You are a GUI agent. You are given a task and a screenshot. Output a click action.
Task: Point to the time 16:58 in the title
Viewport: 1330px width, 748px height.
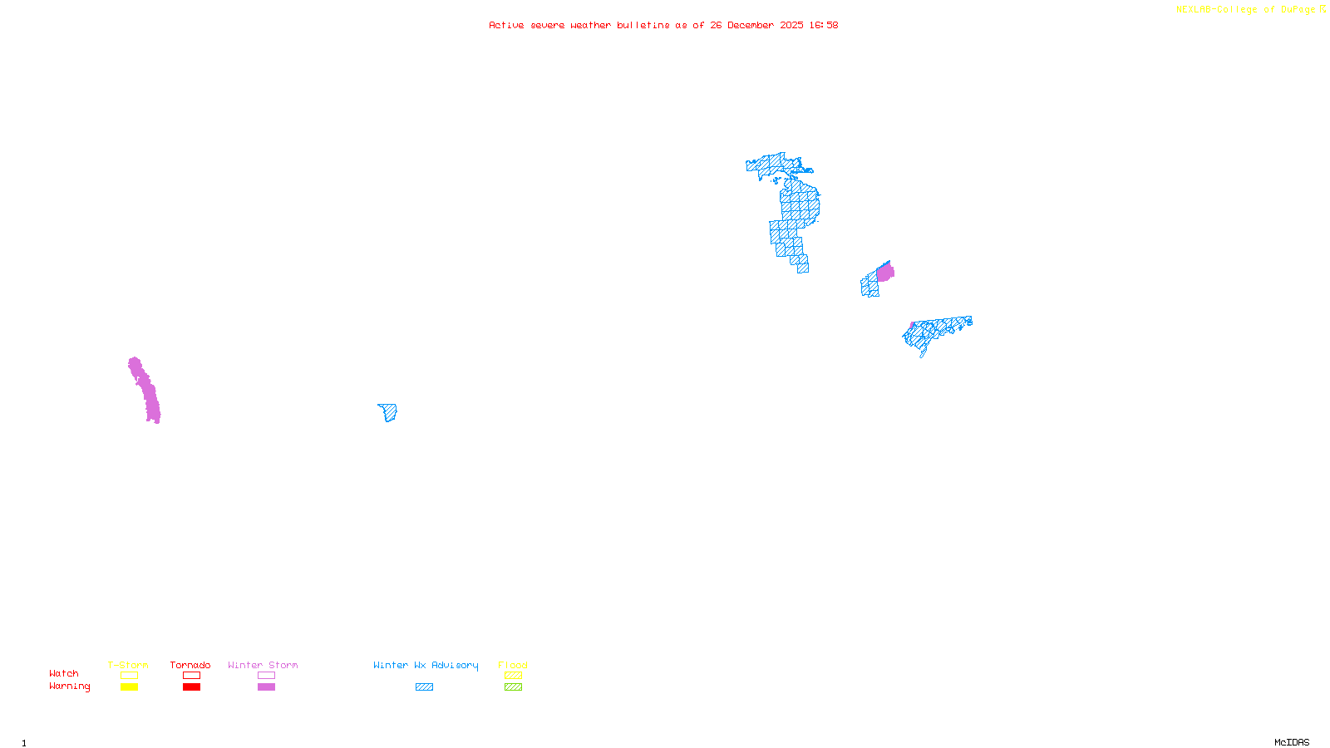(824, 25)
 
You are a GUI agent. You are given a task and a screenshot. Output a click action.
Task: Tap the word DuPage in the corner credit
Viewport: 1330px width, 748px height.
(1298, 9)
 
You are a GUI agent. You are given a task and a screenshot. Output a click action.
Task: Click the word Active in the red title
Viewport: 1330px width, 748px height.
(506, 25)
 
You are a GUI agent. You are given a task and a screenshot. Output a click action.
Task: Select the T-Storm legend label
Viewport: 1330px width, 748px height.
(128, 665)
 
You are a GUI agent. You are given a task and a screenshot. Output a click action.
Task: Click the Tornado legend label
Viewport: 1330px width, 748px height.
(190, 665)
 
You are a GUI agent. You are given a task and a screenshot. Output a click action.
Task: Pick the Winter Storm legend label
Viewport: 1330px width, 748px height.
(263, 665)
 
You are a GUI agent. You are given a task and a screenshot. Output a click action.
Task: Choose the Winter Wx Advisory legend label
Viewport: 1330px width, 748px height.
(426, 665)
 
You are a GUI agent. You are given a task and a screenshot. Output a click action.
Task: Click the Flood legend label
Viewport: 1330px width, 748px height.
(513, 665)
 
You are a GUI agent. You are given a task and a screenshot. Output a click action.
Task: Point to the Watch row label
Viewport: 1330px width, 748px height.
(64, 673)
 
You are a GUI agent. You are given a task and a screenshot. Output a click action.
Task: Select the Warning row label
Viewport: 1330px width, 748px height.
(69, 686)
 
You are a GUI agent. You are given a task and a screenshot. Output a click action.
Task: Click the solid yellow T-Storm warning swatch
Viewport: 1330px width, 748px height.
(129, 687)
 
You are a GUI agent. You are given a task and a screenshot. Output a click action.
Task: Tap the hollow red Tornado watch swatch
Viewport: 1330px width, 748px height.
(191, 676)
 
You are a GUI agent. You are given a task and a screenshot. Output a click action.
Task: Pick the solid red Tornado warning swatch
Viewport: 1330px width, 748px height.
(191, 687)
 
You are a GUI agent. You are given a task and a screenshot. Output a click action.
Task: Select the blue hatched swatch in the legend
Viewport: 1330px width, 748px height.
(424, 687)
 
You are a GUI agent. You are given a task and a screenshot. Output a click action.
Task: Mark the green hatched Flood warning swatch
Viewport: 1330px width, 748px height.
(513, 687)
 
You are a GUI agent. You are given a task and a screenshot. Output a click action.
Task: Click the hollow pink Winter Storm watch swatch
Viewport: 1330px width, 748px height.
(266, 676)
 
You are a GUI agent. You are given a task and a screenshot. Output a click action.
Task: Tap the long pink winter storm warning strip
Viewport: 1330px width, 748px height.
(145, 389)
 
